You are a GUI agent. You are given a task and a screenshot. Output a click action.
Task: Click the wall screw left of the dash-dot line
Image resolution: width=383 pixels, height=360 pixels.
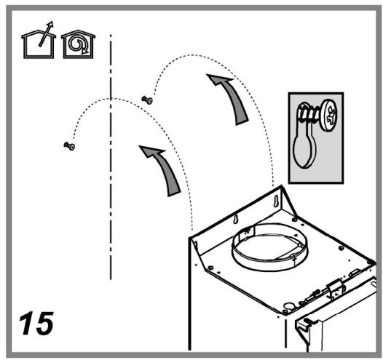click(x=70, y=146)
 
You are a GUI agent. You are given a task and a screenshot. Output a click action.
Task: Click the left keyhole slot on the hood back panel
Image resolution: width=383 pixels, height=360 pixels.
click(x=234, y=220)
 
